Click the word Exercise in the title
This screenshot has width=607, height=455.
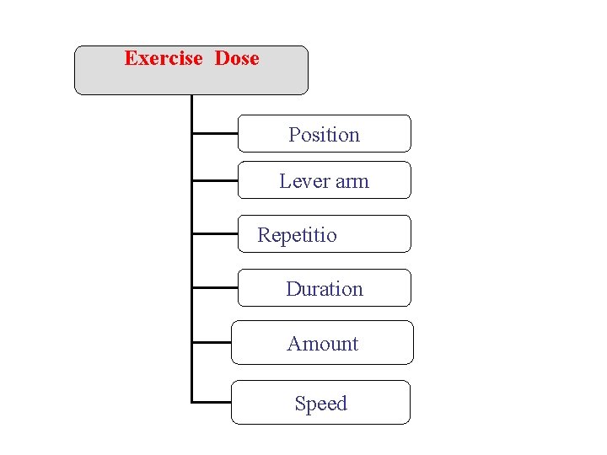[x=164, y=58]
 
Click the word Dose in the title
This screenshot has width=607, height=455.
[x=237, y=58]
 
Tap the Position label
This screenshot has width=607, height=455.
[x=324, y=135]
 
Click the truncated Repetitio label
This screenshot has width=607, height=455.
[x=297, y=235]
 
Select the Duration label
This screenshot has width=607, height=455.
[x=325, y=289]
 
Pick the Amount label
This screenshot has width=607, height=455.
[x=323, y=344]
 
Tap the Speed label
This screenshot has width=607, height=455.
[x=321, y=404]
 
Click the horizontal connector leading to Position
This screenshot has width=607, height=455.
[x=215, y=132]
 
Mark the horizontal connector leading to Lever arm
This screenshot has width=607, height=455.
[x=215, y=179]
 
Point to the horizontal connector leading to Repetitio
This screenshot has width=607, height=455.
[x=215, y=233]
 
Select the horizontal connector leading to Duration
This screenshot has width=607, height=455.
[x=215, y=287]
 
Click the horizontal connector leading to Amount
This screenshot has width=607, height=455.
[x=212, y=342]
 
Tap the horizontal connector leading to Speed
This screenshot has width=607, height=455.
[x=212, y=402]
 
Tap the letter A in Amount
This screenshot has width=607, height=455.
[x=293, y=344]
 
